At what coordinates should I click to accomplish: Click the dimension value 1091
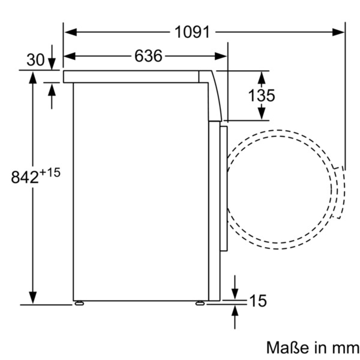pyautogui.click(x=192, y=32)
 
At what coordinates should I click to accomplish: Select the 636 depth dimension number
pyautogui.click(x=148, y=56)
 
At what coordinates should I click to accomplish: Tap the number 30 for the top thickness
pyautogui.click(x=35, y=60)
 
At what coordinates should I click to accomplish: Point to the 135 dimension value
pyautogui.click(x=261, y=95)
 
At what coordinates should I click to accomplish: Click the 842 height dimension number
pyautogui.click(x=25, y=177)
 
